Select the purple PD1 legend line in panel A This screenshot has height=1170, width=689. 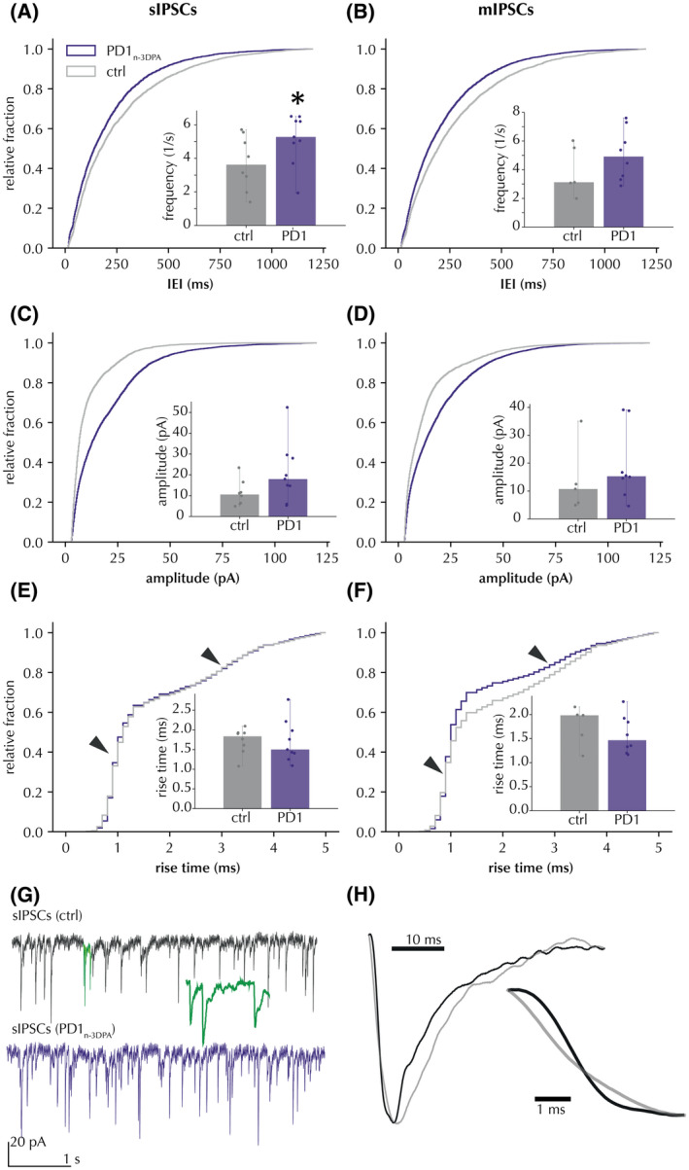click(82, 47)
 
